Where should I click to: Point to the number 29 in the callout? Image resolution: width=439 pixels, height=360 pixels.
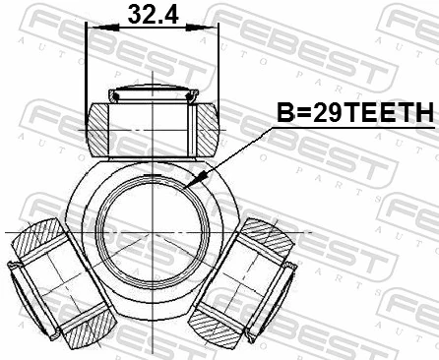point(306,113)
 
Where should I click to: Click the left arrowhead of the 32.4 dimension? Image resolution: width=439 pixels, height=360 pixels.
point(94,30)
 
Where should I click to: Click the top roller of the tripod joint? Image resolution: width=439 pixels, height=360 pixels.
point(152,126)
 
